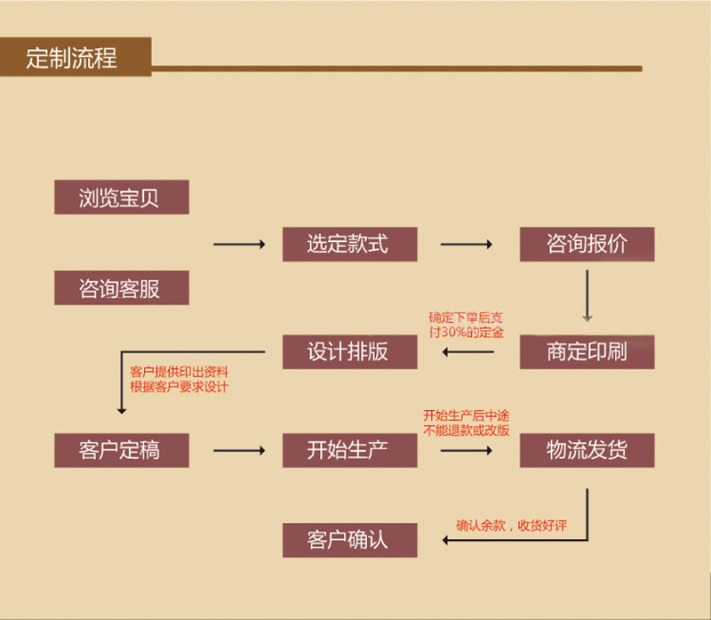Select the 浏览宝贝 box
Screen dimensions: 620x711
tap(121, 197)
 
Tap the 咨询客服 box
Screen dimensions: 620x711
tap(121, 288)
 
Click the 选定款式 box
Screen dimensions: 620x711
tap(349, 245)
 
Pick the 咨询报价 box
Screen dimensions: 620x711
tap(587, 245)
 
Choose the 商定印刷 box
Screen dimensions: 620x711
tap(587, 351)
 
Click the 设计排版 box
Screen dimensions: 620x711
tap(349, 351)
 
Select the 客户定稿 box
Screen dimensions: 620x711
tap(121, 450)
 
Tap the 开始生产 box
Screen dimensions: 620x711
tap(349, 450)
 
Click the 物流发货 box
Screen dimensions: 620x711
tap(587, 450)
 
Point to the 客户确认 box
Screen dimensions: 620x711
tap(349, 540)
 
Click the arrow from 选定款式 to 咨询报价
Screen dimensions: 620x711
tap(467, 245)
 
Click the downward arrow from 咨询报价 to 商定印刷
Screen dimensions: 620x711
tap(587, 293)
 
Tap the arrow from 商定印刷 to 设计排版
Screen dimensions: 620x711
tap(468, 353)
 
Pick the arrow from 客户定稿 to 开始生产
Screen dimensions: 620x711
tap(239, 451)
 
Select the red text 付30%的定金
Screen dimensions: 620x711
tap(466, 333)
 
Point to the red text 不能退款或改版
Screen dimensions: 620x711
tap(467, 430)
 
